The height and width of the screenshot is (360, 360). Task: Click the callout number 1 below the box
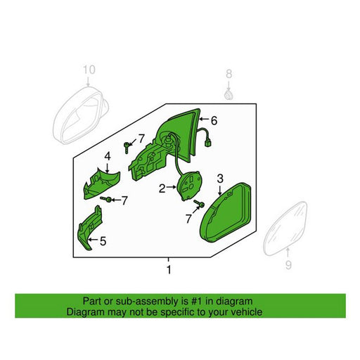(169, 269)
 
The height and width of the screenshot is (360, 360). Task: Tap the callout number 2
(162, 188)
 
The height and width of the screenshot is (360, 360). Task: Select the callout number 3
(220, 179)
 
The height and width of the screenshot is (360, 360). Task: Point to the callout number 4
(108, 156)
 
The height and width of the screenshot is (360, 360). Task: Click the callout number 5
(103, 241)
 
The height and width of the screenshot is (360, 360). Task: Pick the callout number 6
(214, 121)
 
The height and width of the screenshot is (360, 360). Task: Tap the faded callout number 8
(229, 74)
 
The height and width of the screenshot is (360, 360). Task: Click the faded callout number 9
(288, 265)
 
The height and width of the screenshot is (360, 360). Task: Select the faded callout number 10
(89, 70)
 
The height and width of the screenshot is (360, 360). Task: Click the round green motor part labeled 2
(190, 186)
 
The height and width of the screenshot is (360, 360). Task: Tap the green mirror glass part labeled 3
(226, 212)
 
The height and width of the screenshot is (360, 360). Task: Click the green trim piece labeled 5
(90, 227)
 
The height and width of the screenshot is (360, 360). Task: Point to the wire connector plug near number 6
(208, 143)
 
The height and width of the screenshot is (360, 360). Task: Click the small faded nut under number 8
(228, 95)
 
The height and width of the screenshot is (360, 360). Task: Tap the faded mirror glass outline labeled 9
(285, 229)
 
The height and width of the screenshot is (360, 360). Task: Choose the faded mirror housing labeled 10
(80, 115)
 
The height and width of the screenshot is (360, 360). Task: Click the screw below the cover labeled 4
(106, 199)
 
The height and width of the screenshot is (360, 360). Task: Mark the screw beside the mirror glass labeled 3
(200, 204)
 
